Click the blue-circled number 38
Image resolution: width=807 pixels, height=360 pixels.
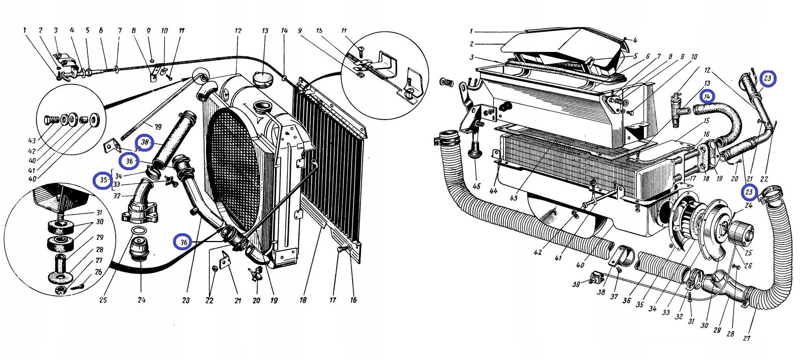click(145, 142)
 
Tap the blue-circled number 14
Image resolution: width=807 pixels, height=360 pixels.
click(707, 97)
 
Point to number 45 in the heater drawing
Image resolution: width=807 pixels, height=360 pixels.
click(476, 186)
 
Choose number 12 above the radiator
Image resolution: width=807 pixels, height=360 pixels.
click(238, 31)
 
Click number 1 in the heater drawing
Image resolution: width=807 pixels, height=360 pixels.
click(471, 32)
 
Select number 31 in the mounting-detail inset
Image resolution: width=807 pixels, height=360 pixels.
click(99, 212)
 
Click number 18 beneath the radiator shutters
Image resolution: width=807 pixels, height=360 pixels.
click(303, 300)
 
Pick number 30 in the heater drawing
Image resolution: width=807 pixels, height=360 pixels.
click(704, 325)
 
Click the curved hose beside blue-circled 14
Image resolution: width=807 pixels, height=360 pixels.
click(726, 119)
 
